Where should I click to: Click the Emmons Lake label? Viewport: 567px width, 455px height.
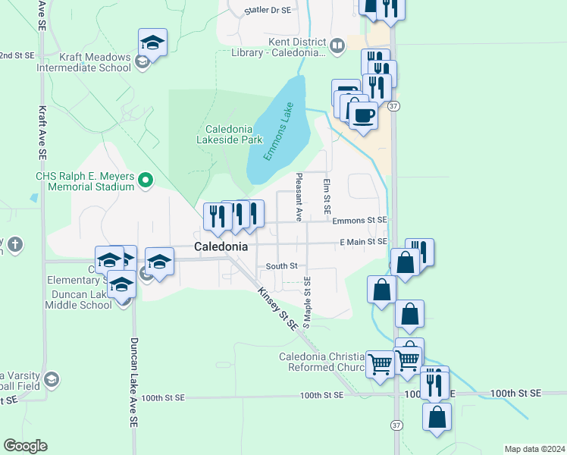[277, 131]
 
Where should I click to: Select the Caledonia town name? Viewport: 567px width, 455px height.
[221, 247]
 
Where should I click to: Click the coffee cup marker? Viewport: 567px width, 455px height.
[364, 115]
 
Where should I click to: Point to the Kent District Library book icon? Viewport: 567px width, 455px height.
[337, 45]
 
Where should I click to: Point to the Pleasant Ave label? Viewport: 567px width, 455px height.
[299, 196]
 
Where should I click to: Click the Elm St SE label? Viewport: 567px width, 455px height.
[327, 196]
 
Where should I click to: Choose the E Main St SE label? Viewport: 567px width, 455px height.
[364, 241]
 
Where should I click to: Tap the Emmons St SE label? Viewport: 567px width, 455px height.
[360, 220]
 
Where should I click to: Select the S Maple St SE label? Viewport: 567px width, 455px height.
[307, 302]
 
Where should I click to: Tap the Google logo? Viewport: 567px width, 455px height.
[25, 446]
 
